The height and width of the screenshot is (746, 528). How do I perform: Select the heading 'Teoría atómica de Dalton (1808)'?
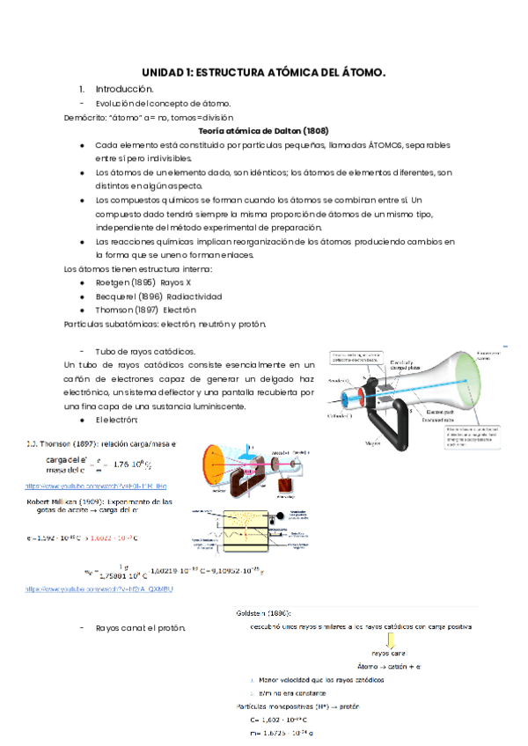[x=264, y=129]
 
